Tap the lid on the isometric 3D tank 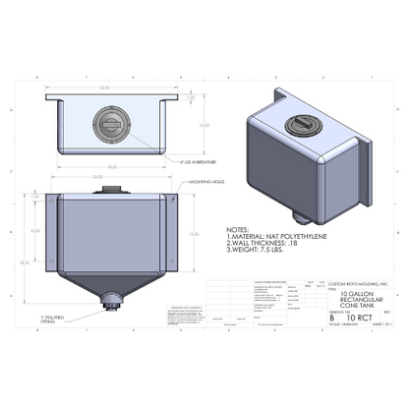point(303,127)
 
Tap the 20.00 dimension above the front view point(111,177)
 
